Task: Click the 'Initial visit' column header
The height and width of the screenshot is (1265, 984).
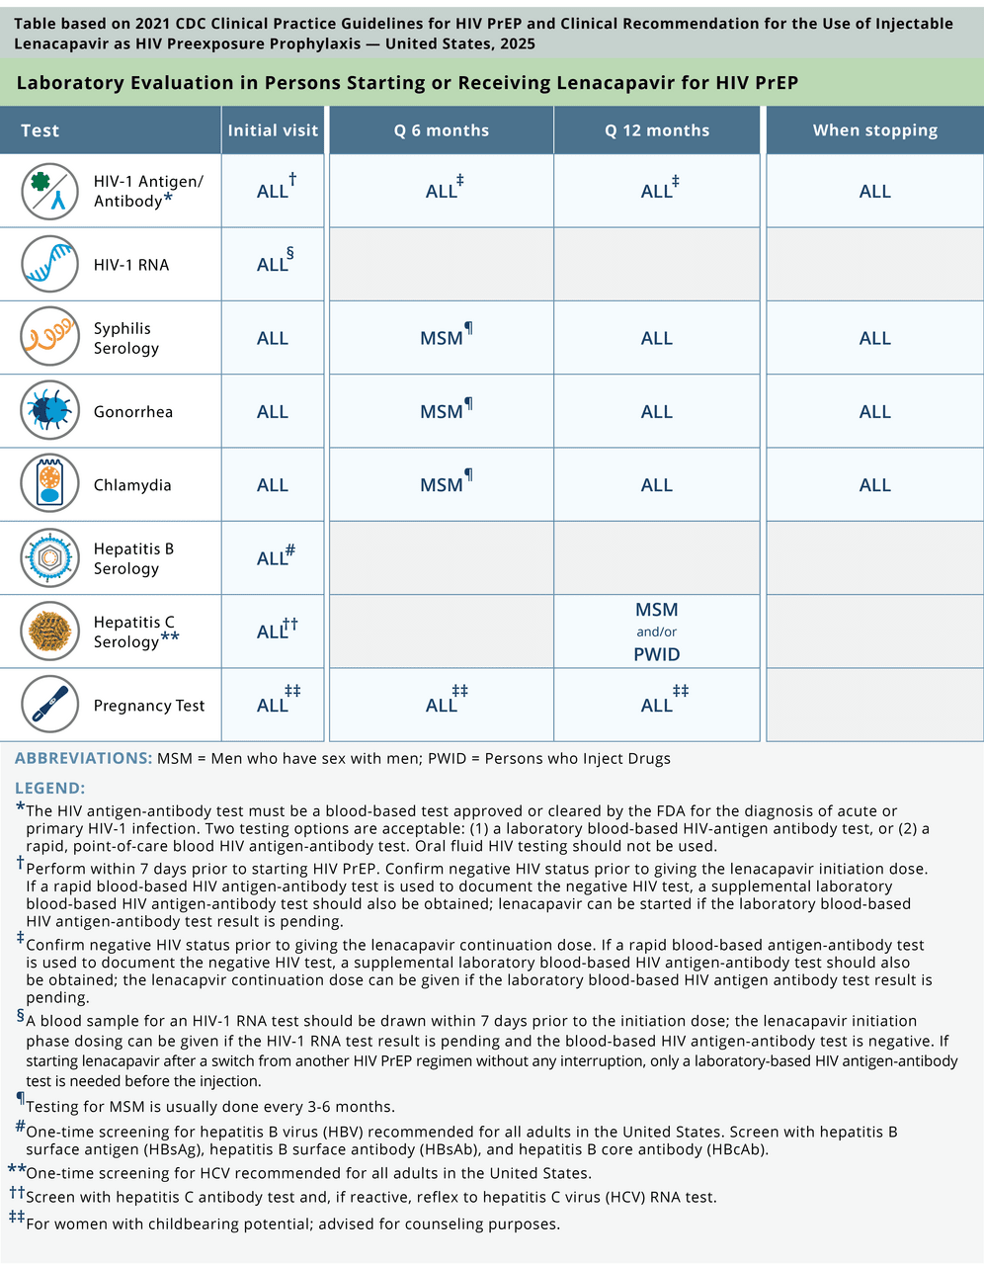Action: [x=273, y=130]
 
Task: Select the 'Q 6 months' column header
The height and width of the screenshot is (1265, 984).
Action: [x=441, y=130]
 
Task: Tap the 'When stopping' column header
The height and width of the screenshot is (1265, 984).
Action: [x=874, y=130]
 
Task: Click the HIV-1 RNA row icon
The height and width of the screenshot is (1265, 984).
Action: [x=49, y=264]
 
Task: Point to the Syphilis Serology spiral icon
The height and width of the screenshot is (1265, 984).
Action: [x=49, y=337]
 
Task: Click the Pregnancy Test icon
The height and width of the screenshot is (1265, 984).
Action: [x=49, y=705]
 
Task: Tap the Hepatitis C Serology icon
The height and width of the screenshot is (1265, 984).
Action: [x=49, y=632]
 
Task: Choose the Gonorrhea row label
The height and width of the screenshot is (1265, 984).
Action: [x=133, y=411]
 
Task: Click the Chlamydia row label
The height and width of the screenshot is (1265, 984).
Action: [x=132, y=485]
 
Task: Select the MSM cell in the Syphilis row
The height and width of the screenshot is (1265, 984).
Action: [x=443, y=338]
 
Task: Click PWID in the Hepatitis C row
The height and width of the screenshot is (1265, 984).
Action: [x=657, y=654]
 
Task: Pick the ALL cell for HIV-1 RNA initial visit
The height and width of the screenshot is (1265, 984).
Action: [x=273, y=264]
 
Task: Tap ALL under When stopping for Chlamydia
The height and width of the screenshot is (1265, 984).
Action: [x=874, y=485]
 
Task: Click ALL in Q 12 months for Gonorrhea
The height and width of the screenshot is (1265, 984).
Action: [x=657, y=411]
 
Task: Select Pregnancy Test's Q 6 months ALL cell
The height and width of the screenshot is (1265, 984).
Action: [x=443, y=705]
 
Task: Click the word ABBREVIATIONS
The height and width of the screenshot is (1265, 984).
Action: [x=83, y=758]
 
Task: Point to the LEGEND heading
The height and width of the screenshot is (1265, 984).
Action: [x=50, y=788]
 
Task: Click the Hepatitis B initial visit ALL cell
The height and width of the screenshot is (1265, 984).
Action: [x=273, y=558]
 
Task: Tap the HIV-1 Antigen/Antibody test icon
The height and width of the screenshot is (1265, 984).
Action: [x=49, y=191]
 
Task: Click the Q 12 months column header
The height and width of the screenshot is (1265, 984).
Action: [x=657, y=130]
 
